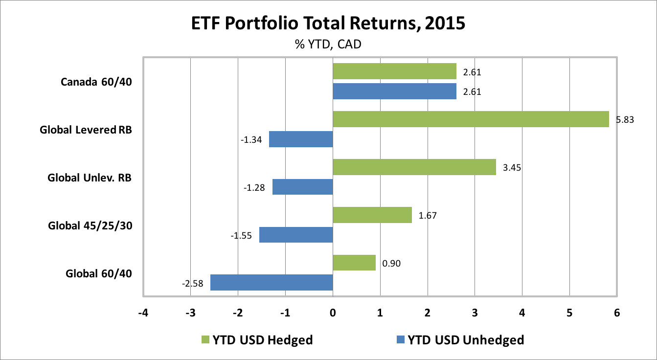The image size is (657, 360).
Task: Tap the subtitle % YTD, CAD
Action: (328, 45)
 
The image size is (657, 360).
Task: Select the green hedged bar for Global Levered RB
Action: (471, 119)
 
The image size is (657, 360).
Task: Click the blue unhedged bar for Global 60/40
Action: (272, 282)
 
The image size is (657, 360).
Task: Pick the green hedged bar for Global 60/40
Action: (354, 263)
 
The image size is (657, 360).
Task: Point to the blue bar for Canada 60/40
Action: (394, 91)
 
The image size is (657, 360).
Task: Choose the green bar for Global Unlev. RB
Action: (414, 167)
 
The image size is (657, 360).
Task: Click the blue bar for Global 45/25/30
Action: (296, 235)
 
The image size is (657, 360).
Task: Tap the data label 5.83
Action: (625, 119)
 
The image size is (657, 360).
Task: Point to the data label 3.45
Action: (511, 167)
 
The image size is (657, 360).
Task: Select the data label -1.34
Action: (251, 140)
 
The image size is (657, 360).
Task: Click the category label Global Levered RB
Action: (86, 130)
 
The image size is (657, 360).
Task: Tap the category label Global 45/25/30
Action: (90, 226)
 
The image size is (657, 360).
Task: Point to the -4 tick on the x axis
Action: (143, 313)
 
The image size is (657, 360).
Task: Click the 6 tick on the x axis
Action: (617, 313)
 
